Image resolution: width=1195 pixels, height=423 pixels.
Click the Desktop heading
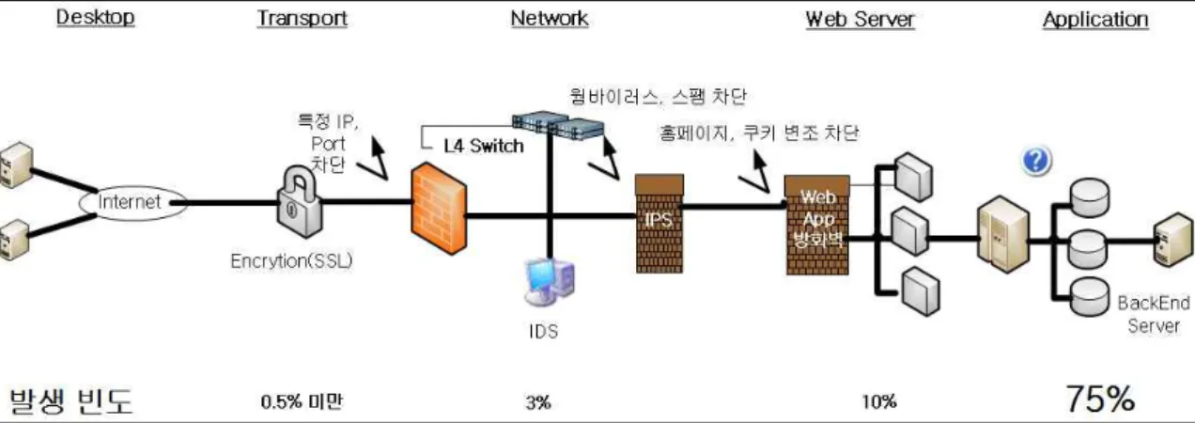(96, 17)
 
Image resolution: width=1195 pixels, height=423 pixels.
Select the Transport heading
(302, 18)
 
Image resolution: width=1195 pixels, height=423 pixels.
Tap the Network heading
(550, 18)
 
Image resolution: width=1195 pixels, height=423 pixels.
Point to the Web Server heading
(860, 19)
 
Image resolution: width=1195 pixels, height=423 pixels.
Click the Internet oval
(132, 202)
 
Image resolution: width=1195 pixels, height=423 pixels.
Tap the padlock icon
(300, 201)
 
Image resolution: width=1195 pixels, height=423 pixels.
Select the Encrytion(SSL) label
(291, 260)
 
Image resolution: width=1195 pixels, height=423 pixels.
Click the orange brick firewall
(439, 209)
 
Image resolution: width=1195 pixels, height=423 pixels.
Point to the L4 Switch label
(484, 146)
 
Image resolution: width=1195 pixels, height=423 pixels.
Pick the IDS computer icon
(550, 282)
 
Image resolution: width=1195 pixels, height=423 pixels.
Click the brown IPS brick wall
(660, 224)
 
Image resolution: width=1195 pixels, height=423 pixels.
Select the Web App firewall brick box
(817, 225)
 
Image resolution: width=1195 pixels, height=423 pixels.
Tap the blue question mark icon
(1036, 160)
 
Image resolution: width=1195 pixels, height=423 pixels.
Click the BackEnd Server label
(1154, 315)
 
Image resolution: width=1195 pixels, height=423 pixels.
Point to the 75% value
(1100, 399)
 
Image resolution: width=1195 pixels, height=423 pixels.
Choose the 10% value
(879, 401)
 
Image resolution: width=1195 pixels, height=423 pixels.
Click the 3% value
(537, 401)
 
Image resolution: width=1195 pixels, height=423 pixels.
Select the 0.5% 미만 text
(302, 401)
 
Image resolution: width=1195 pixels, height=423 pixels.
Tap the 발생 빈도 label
(71, 401)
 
